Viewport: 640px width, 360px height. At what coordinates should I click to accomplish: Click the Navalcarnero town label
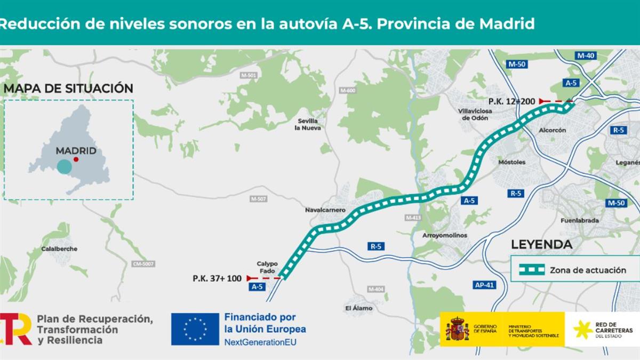pyautogui.click(x=325, y=210)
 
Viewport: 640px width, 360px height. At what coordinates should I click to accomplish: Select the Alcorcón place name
pyautogui.click(x=553, y=130)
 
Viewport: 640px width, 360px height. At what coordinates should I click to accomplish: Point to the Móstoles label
pyautogui.click(x=511, y=162)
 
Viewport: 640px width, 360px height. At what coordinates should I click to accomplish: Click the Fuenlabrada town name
pyautogui.click(x=580, y=220)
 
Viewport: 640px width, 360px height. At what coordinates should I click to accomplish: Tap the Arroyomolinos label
pyautogui.click(x=444, y=235)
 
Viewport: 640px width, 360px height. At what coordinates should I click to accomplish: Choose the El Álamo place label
pyautogui.click(x=359, y=308)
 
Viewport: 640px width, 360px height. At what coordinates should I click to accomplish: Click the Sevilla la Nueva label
pyautogui.click(x=308, y=124)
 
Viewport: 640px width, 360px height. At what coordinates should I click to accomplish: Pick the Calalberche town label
pyautogui.click(x=59, y=249)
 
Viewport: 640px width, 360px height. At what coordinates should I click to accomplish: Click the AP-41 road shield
pyautogui.click(x=484, y=285)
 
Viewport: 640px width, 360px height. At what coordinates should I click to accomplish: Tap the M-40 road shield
pyautogui.click(x=585, y=55)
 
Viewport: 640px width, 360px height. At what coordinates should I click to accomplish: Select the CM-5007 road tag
pyautogui.click(x=143, y=264)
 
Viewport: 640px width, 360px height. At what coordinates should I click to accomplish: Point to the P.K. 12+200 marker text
pyautogui.click(x=511, y=101)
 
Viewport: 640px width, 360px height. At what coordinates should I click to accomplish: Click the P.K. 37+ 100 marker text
pyautogui.click(x=217, y=278)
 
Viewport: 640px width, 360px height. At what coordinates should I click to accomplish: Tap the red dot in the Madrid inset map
pyautogui.click(x=76, y=159)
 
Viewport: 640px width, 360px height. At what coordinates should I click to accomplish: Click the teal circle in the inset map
pyautogui.click(x=64, y=166)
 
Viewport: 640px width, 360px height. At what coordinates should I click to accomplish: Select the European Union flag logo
pyautogui.click(x=195, y=329)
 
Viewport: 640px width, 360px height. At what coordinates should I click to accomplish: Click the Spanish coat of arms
pyautogui.click(x=457, y=329)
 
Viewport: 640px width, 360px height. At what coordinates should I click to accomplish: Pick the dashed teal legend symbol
pyautogui.click(x=532, y=270)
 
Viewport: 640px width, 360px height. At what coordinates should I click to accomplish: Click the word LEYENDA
pyautogui.click(x=541, y=245)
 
